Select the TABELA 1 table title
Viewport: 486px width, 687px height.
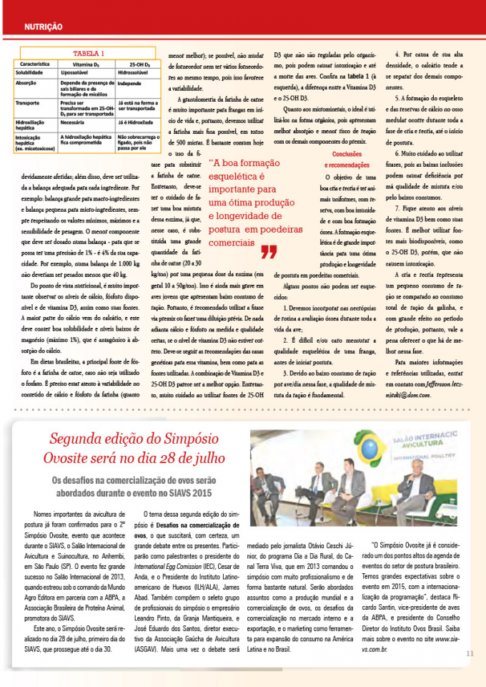89,54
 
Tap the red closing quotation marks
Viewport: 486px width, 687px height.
269,252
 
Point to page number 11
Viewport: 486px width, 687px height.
470,653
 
